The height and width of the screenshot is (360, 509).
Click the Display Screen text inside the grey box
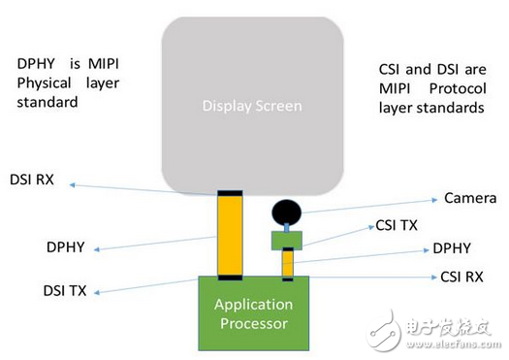252,106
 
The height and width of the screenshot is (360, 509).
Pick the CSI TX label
398,226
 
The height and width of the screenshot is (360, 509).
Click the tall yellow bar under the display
229,235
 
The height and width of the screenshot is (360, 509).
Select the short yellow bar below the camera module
288,263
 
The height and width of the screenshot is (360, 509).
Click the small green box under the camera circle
286,240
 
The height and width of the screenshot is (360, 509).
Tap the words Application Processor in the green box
253,312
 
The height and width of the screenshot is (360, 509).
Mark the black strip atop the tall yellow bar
229,194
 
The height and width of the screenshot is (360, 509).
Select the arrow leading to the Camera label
368,203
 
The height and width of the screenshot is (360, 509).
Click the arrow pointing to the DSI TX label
145,284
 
